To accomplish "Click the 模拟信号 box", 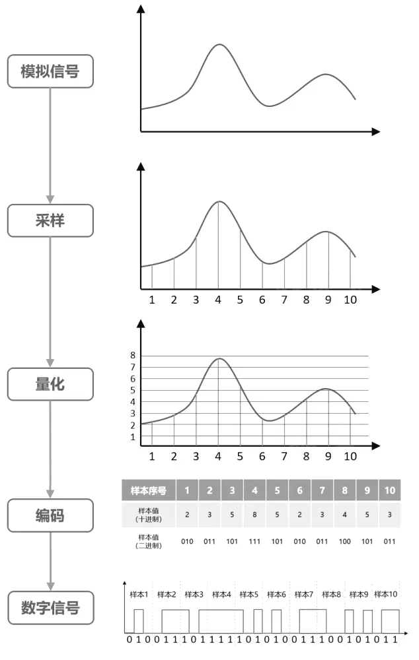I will coord(50,71).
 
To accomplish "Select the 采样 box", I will coord(50,220).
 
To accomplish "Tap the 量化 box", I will coord(50,383).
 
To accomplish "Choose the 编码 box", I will coord(50,515).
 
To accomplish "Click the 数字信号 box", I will coord(50,607).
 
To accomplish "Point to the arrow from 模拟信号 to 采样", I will coord(50,145).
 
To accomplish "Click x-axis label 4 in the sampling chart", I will coord(218,300).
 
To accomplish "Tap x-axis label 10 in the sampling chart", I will coord(350,300).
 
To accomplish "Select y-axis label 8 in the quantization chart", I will coord(133,355).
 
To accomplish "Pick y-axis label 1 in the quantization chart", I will coord(133,437).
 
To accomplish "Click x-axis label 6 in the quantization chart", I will coord(262,456).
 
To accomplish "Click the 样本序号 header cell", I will coord(148,490).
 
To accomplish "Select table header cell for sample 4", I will coord(254,490).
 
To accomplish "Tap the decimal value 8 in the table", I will coord(254,515).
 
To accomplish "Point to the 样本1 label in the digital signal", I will coord(138,594).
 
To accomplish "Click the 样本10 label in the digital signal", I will coord(386,594).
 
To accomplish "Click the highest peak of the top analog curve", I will coord(220,44).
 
